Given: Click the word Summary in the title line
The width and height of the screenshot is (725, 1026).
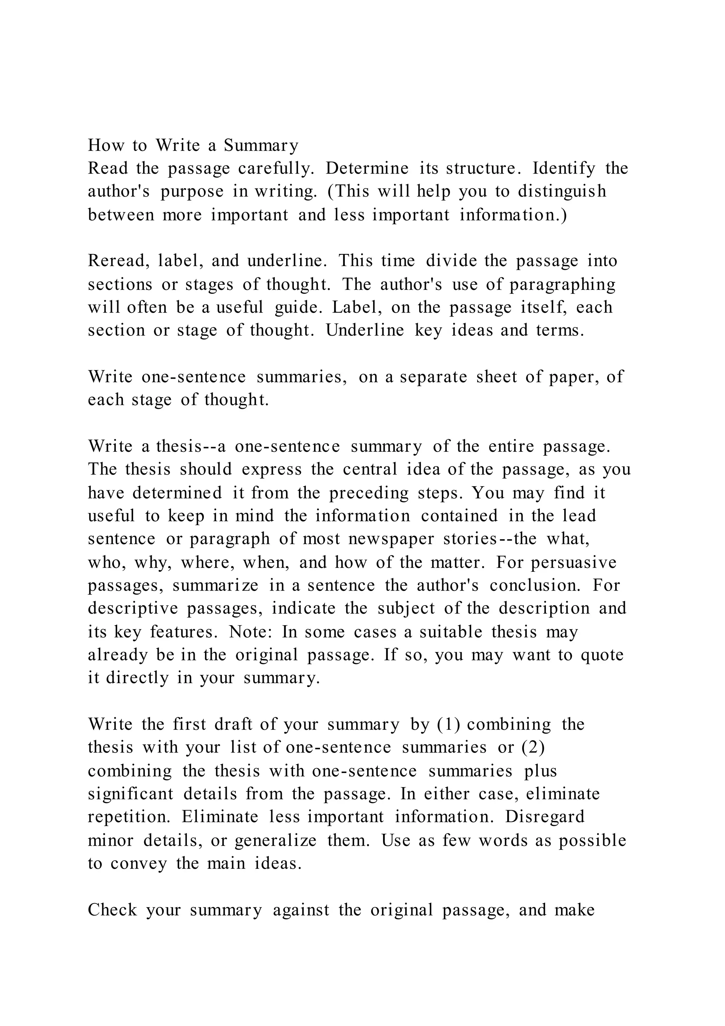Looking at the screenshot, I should pos(261,146).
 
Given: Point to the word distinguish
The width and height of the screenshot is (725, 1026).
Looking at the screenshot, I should pos(562,191).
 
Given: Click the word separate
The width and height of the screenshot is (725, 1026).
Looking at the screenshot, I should pos(433,377).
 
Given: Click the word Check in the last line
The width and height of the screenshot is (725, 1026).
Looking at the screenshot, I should pos(112,910).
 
